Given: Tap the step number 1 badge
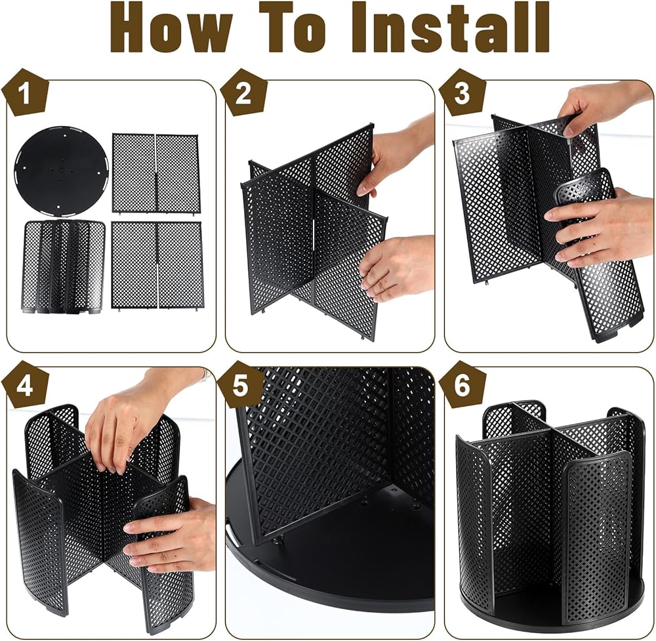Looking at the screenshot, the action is tap(25, 93).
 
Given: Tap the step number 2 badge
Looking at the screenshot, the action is tap(244, 93).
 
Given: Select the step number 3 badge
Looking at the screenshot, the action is tap(462, 93).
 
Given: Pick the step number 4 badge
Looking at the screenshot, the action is tap(25, 385).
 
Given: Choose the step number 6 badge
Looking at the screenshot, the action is tap(462, 385).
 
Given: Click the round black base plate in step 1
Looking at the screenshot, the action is tap(60, 171).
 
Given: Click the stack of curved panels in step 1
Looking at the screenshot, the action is tap(63, 266).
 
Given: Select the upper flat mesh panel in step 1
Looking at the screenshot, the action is tap(156, 173).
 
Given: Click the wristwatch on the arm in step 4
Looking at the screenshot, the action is tap(205, 375).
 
